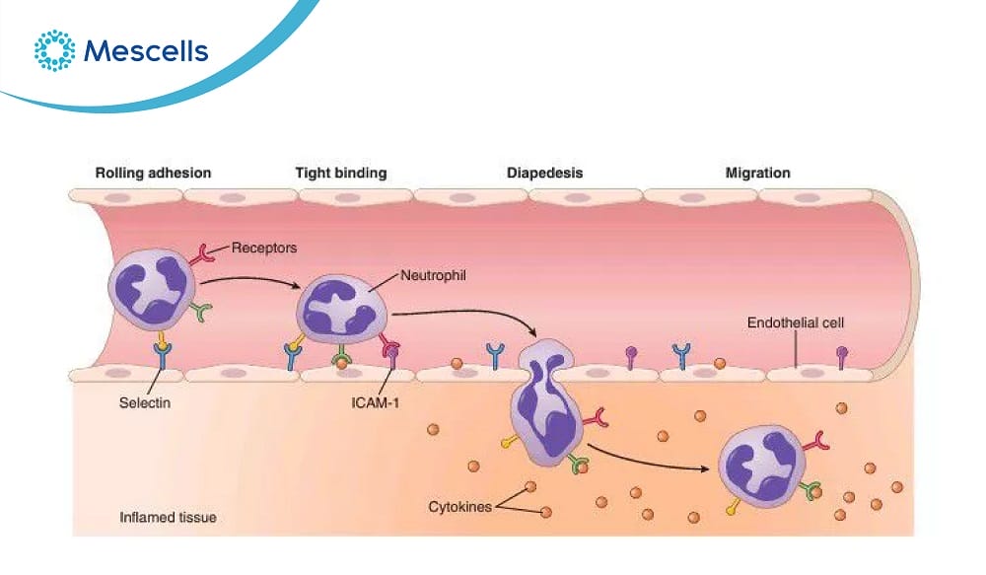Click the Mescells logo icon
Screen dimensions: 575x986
(54, 50)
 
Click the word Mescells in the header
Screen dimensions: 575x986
(146, 51)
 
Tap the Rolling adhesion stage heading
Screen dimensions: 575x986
(153, 173)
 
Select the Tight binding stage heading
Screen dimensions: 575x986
(340, 173)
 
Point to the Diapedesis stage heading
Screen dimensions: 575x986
(544, 173)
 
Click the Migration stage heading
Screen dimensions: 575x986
(757, 173)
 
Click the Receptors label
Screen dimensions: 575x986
(265, 249)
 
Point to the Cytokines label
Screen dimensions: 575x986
(459, 507)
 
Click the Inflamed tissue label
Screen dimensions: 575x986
(168, 517)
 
